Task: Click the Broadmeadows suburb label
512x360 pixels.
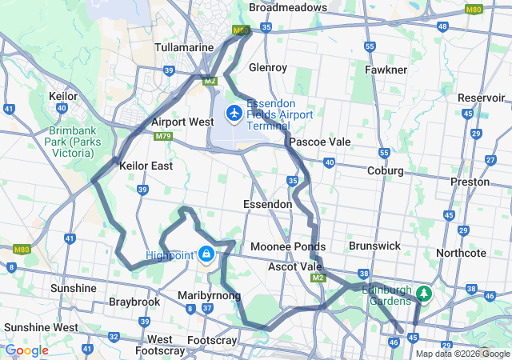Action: (287, 7)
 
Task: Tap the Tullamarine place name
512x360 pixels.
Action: (183, 47)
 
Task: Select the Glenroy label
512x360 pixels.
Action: (268, 67)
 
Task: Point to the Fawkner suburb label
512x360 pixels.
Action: (386, 70)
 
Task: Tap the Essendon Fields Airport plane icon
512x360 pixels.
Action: (234, 114)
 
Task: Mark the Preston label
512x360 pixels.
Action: (470, 182)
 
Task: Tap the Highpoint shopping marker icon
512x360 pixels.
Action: (206, 254)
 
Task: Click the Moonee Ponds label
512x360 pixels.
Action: (288, 246)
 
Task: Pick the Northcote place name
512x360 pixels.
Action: (462, 253)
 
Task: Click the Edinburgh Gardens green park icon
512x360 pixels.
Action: (423, 294)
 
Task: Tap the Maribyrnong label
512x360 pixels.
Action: (209, 295)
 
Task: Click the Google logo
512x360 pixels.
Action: (26, 350)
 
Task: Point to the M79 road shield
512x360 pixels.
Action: (164, 137)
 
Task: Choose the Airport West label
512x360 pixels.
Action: (182, 122)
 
